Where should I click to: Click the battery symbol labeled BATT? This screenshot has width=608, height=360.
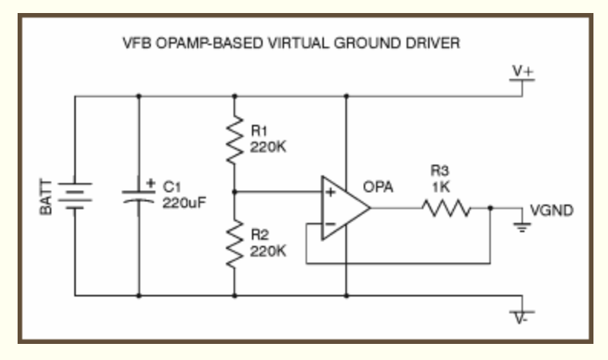[x=75, y=195]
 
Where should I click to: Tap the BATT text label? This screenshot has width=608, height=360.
[x=47, y=197]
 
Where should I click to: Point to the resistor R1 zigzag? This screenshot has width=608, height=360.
[x=234, y=140]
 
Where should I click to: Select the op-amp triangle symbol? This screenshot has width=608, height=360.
[x=344, y=207]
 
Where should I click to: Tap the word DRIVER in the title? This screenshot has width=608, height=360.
[x=435, y=44]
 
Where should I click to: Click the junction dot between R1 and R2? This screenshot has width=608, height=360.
[x=234, y=191]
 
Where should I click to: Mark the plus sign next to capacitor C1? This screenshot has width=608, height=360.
[x=150, y=183]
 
